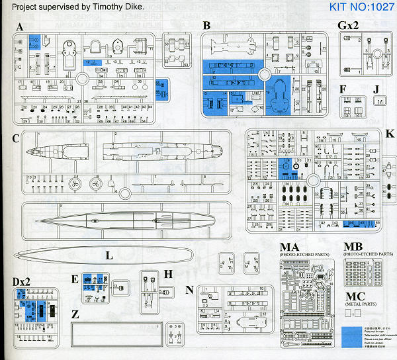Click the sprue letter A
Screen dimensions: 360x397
[20, 28]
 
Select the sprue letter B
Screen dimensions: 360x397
[207, 26]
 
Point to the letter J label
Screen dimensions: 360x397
[376, 88]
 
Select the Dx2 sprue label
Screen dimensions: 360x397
[21, 281]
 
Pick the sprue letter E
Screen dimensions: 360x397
[75, 279]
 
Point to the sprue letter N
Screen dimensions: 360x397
[190, 289]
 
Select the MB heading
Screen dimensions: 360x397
[353, 249]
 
